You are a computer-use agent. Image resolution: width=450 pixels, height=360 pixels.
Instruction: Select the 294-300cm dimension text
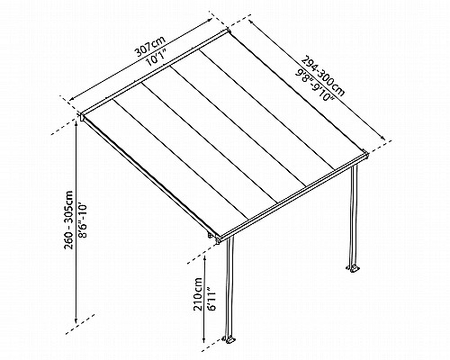[x=323, y=76]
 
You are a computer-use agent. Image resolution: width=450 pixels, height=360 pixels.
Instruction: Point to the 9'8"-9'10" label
[x=314, y=85]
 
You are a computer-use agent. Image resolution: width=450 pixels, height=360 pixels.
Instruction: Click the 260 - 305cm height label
[x=68, y=220]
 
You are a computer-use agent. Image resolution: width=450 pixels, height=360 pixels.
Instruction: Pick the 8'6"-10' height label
[x=82, y=220]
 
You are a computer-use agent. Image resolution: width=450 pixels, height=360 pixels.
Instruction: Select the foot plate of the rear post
[x=353, y=268]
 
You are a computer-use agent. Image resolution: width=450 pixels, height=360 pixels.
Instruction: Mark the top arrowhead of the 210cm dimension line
[x=204, y=257]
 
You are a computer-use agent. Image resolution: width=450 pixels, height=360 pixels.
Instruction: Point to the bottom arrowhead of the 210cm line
[x=204, y=339]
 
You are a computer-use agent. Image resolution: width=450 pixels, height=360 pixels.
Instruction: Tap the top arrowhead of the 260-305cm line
[x=76, y=125]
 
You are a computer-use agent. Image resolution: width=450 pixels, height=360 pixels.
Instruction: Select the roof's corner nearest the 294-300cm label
[x=229, y=31]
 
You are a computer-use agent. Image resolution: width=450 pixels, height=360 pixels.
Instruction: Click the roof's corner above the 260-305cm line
[x=82, y=116]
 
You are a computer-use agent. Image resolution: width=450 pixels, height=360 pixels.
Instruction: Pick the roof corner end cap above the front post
[x=218, y=239]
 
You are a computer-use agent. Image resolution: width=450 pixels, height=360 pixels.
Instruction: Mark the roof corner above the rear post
[x=365, y=154]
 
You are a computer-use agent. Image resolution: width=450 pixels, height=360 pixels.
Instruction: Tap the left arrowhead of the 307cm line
[x=72, y=99]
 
